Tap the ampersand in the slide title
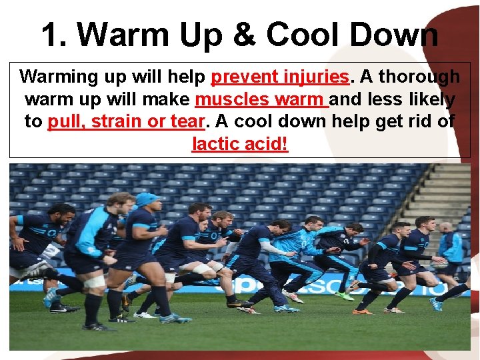click(246, 35)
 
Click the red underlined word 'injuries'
click(313, 77)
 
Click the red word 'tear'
click(187, 122)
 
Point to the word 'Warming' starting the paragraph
click(59, 77)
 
